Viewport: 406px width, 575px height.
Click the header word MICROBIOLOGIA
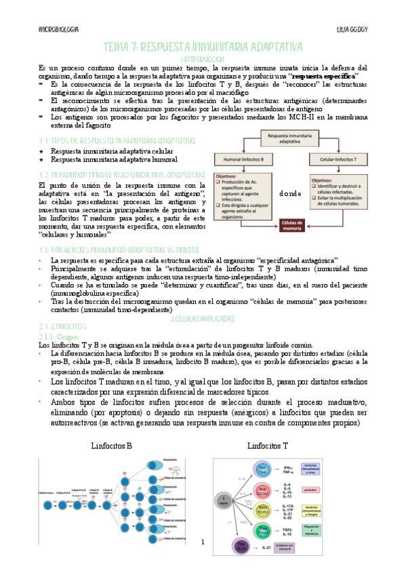click(x=58, y=31)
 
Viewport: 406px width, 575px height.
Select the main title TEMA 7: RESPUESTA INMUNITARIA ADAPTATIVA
click(x=203, y=47)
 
